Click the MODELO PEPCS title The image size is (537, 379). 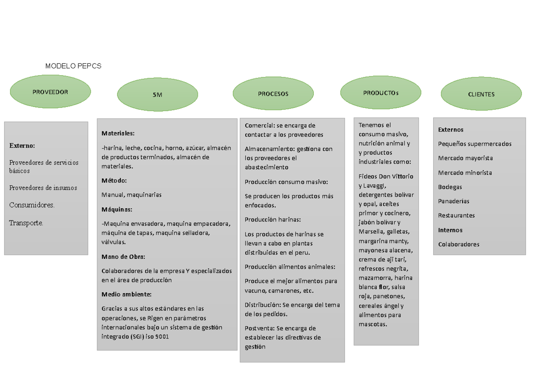pos(73,66)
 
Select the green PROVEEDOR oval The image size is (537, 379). pos(50,92)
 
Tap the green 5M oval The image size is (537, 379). pos(158,94)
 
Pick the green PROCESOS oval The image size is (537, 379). pos(273,93)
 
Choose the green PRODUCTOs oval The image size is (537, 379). pos(381,93)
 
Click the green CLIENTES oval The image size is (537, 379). pos(481,93)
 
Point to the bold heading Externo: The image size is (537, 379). pos(22,146)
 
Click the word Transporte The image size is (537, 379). pos(26,223)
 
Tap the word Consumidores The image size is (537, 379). pos(32,205)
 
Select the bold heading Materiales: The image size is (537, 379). pos(118,133)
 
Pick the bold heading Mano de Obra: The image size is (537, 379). pos(123,257)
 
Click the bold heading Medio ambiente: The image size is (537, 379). pos(126,294)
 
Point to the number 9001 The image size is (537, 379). pos(162,337)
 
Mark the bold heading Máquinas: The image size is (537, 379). pos(117,210)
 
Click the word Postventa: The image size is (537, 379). pos(260,328)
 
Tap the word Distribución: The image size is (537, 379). pos(263,305)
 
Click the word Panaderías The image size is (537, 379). pos(454,201)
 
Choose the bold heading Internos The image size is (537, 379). pos(450,230)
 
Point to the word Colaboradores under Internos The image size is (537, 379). pos(459,244)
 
